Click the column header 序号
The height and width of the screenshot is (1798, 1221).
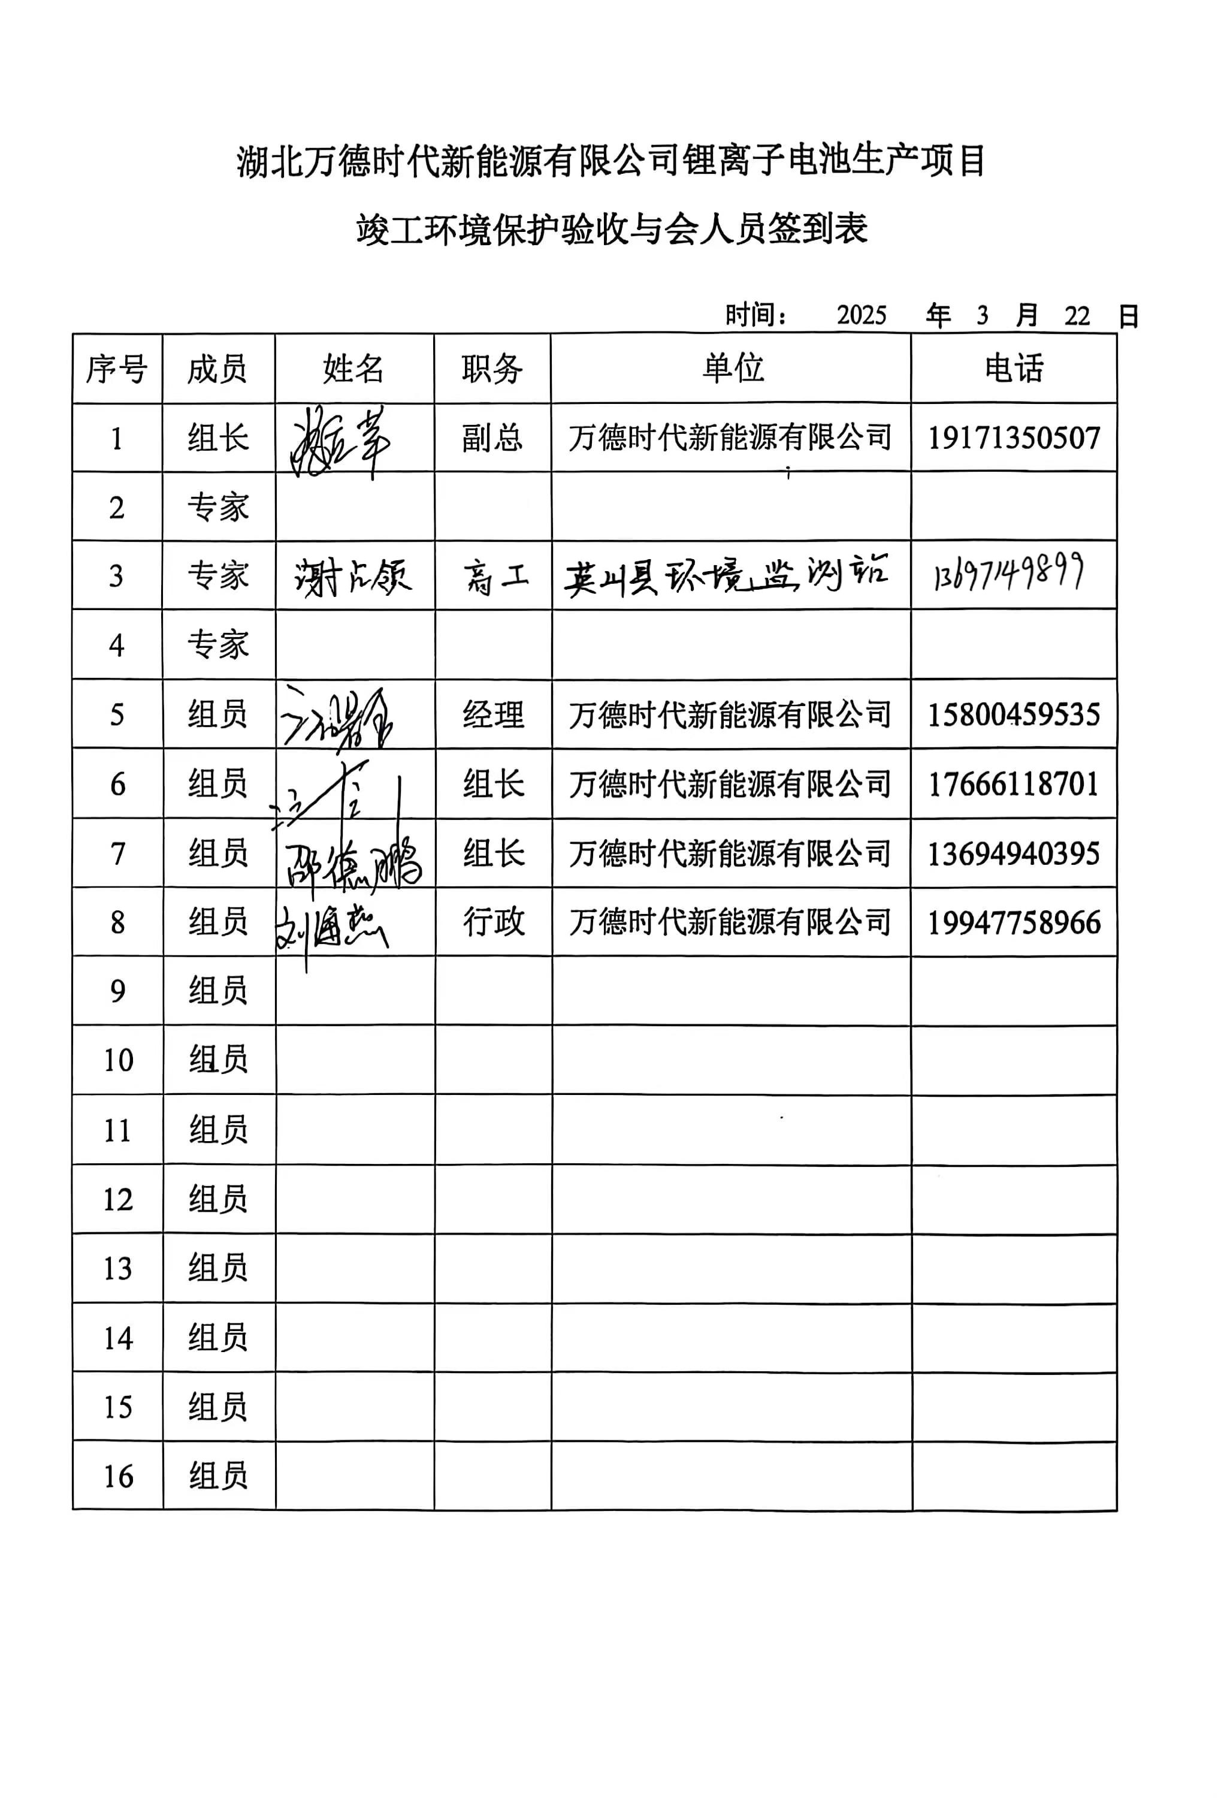pyautogui.click(x=117, y=369)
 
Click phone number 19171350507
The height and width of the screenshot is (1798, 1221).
pyautogui.click(x=1013, y=438)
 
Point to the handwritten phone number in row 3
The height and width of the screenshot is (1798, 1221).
pyautogui.click(x=1008, y=574)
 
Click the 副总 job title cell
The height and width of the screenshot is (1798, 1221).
pyautogui.click(x=492, y=438)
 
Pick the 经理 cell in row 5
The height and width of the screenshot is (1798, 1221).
pyautogui.click(x=493, y=714)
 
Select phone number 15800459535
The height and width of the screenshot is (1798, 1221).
pyautogui.click(x=1013, y=714)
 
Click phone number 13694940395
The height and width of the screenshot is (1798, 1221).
pyautogui.click(x=1013, y=853)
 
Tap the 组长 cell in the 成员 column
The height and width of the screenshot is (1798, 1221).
pyautogui.click(x=218, y=439)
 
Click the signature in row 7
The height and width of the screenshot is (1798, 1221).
pyautogui.click(x=352, y=860)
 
